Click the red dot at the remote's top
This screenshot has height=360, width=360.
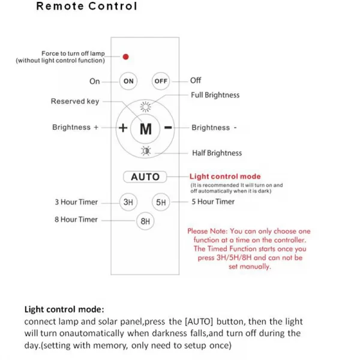[x=126, y=57]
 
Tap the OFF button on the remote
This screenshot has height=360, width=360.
[x=161, y=81]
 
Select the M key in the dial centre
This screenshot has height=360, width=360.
[x=145, y=128]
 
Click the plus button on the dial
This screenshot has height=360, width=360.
[x=122, y=128]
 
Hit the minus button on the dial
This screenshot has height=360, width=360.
[x=169, y=128]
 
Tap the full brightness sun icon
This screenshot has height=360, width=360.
[x=145, y=107]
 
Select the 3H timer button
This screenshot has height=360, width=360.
[x=128, y=202]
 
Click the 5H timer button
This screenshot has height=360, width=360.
[x=161, y=202]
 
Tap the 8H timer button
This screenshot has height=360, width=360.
[x=145, y=221]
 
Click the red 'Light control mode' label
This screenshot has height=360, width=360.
[x=225, y=176]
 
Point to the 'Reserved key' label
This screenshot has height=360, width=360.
[x=75, y=101]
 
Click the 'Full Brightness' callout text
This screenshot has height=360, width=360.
[x=215, y=95]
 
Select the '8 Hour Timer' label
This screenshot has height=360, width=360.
[x=76, y=220]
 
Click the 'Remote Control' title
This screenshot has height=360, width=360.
[x=86, y=7]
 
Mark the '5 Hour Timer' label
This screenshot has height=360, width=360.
[x=213, y=202]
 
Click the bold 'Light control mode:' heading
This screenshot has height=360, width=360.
[x=64, y=310]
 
